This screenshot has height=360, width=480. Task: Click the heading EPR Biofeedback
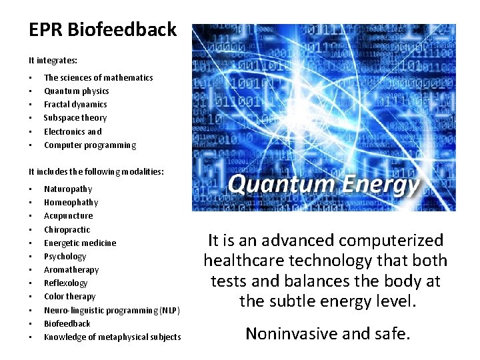tap(103, 30)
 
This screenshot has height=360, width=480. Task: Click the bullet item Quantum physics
tap(76, 91)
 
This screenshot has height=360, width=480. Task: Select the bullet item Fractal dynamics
tap(75, 105)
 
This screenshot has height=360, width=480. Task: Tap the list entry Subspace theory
tap(75, 118)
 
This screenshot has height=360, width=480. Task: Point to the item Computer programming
tap(90, 145)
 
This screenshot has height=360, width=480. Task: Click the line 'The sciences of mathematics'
tap(98, 78)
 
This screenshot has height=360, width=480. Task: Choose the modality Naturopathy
tap(68, 189)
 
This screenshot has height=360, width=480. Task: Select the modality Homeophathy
tap(71, 203)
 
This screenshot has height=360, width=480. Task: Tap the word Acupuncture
tap(69, 216)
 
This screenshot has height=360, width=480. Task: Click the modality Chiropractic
tap(67, 230)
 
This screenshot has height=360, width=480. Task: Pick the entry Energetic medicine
tap(80, 243)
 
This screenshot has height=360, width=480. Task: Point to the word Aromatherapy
tap(71, 270)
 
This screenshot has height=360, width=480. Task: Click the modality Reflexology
tap(65, 283)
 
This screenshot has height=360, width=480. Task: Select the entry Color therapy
tap(70, 297)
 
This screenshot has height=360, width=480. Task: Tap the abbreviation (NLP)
tap(169, 311)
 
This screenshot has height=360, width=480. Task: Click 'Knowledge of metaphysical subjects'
tap(112, 337)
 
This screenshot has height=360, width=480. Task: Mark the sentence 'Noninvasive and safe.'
tap(327, 333)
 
